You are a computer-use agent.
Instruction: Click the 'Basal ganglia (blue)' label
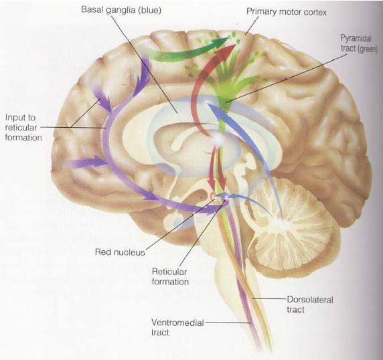(x=121, y=10)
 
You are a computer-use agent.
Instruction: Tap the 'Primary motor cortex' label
(x=287, y=11)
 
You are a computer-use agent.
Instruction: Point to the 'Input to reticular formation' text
(x=23, y=127)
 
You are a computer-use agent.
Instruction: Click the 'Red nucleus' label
(x=120, y=252)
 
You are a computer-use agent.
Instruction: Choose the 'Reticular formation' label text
(x=170, y=276)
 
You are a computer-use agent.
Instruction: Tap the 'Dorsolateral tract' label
(x=310, y=304)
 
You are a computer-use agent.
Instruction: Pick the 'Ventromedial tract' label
(x=177, y=327)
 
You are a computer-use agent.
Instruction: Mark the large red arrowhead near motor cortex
(x=226, y=52)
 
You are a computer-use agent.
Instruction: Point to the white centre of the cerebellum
(x=279, y=223)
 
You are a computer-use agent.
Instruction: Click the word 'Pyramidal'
(x=356, y=39)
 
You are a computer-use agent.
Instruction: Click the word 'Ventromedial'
(x=177, y=323)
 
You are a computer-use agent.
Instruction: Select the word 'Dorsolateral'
(x=310, y=300)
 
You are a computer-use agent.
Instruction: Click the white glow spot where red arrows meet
(x=218, y=140)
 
